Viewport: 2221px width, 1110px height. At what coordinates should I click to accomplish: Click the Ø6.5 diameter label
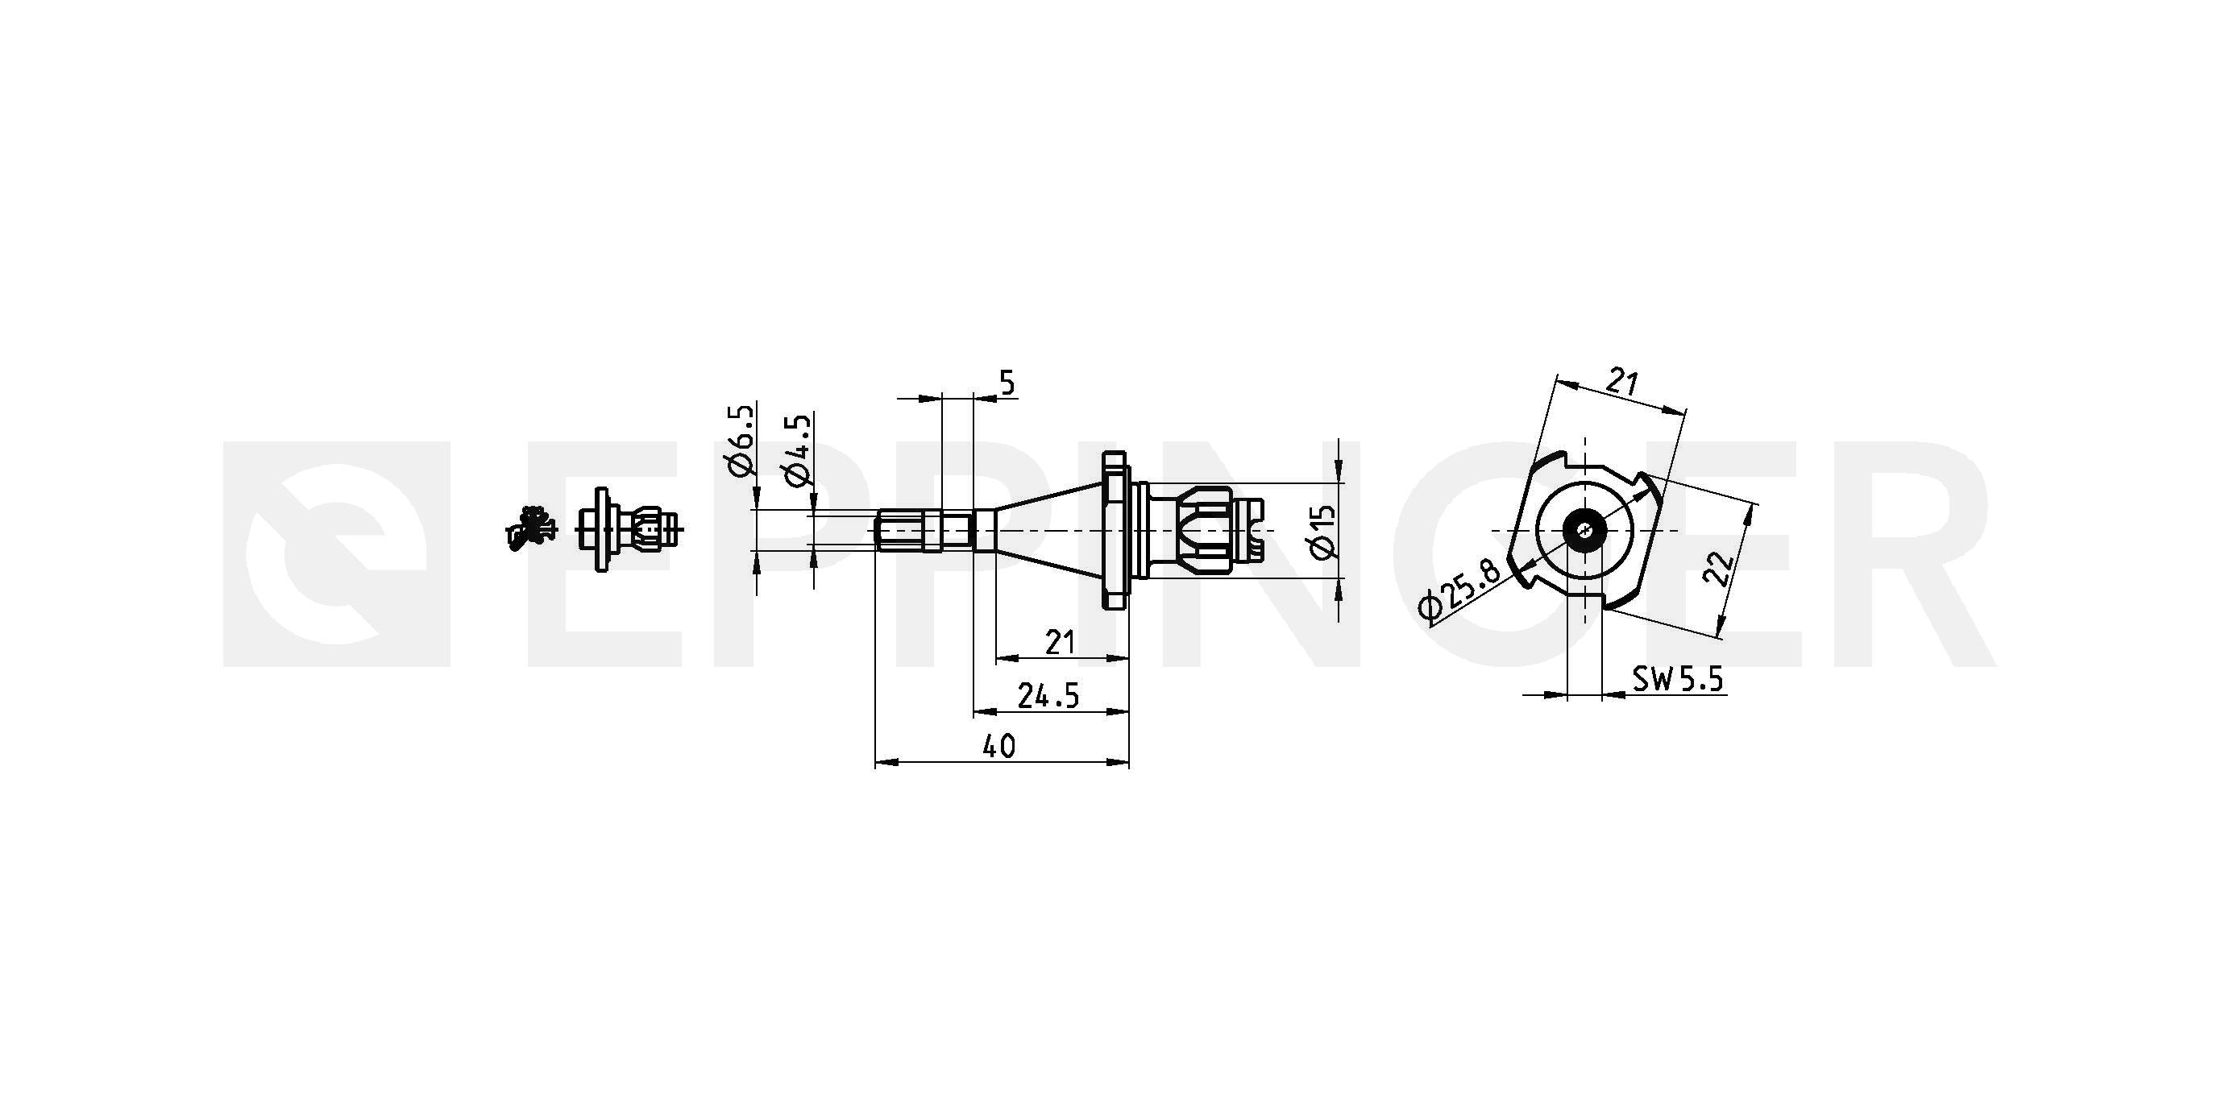click(x=741, y=441)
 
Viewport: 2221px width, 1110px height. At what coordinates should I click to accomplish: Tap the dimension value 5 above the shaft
click(x=1007, y=383)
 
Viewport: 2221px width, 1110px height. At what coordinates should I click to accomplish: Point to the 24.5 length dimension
click(x=1048, y=694)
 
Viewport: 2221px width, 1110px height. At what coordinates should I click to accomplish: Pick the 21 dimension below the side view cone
click(x=1060, y=642)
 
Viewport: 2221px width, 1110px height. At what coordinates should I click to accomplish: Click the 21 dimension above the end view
click(x=1623, y=381)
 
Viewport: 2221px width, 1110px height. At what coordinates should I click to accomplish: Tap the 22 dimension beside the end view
click(x=1721, y=568)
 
